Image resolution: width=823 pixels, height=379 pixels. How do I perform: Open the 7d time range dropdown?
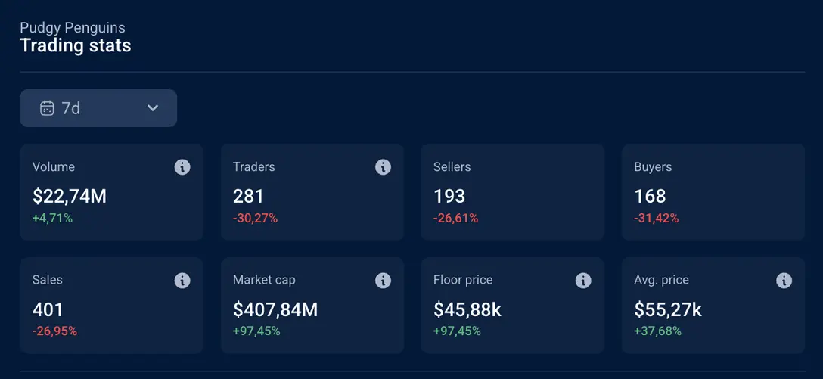coord(98,108)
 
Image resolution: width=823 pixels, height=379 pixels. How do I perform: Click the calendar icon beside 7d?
coord(47,108)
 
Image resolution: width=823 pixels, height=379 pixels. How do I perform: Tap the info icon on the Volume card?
coord(182,167)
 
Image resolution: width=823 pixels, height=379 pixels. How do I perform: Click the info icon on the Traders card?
coord(383,167)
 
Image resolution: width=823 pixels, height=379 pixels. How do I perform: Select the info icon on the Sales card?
coord(182,281)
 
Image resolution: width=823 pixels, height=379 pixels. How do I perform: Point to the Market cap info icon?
coord(383,281)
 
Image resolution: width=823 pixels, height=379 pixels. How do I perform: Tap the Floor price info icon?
coord(583,281)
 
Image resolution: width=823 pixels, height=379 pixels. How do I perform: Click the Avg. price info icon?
coord(784,281)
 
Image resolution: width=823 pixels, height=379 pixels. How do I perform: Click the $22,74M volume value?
coord(70,197)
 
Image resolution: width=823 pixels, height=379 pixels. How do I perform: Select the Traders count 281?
coord(248,197)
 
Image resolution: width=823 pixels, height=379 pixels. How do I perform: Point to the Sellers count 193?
coord(449,197)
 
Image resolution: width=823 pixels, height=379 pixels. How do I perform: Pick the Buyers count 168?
coord(650,197)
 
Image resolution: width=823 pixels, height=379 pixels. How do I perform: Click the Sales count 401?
coord(48,310)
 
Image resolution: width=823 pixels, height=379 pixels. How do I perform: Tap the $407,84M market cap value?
coord(275,310)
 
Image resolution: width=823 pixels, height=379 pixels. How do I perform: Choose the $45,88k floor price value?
coord(467,310)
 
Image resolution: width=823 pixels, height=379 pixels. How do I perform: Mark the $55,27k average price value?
coord(668,310)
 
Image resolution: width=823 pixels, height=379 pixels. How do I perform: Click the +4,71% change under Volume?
coord(52,219)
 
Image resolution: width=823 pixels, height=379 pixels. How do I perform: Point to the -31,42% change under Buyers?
coord(656,219)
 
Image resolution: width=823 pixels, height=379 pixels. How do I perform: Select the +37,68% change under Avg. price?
coord(657,331)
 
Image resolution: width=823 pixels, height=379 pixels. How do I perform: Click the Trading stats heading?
coord(76,46)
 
